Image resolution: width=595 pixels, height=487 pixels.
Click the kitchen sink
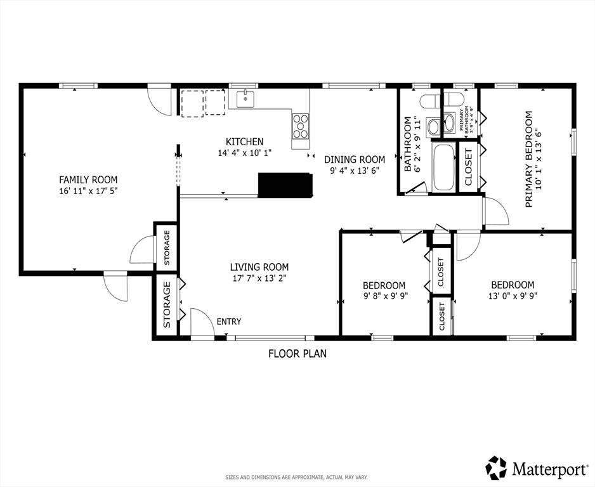click(x=245, y=99)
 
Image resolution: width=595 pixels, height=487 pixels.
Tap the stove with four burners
click(x=301, y=126)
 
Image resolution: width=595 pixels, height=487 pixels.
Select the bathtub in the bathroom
click(x=443, y=167)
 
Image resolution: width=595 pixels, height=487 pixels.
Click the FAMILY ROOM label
click(x=88, y=179)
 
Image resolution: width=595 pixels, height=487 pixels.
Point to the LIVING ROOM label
click(x=259, y=266)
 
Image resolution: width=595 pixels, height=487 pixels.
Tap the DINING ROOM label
click(x=355, y=159)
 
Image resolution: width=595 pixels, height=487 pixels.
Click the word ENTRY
click(x=229, y=321)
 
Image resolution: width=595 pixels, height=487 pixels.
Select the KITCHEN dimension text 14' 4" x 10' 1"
click(x=245, y=153)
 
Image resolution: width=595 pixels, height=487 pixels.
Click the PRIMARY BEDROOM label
click(x=528, y=159)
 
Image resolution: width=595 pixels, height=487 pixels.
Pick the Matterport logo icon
click(x=497, y=467)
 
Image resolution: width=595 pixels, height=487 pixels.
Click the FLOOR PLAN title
click(x=297, y=354)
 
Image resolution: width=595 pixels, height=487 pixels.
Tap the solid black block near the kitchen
click(x=285, y=185)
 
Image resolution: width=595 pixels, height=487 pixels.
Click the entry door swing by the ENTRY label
click(x=202, y=322)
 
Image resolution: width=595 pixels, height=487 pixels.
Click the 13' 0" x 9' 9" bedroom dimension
click(x=513, y=296)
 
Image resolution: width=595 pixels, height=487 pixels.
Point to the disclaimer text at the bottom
click(x=297, y=477)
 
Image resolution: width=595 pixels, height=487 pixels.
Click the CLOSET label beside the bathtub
click(x=468, y=167)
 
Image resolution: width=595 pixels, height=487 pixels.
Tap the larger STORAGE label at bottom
click(x=167, y=304)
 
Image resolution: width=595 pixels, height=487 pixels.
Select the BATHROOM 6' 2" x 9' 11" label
click(x=412, y=144)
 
